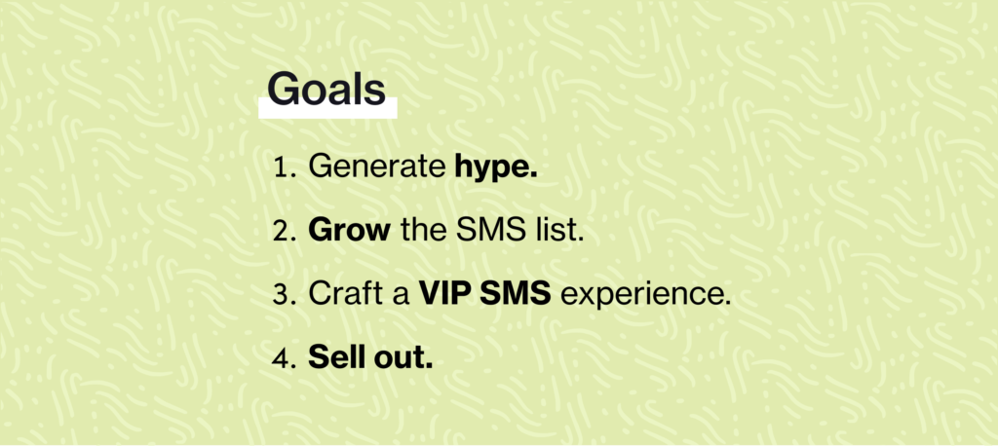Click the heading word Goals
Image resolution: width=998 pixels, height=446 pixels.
click(x=326, y=88)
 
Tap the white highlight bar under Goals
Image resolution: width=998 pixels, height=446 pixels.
click(x=327, y=108)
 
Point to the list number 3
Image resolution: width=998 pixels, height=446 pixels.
click(x=285, y=295)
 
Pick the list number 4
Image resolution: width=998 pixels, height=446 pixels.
click(x=285, y=358)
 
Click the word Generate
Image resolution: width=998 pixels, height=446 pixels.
click(x=376, y=167)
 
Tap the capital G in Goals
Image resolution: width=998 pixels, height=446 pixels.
click(x=283, y=88)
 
